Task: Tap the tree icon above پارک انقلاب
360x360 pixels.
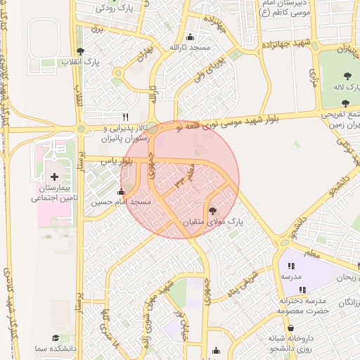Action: click(82, 51)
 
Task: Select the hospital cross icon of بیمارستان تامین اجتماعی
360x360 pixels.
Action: click(54, 176)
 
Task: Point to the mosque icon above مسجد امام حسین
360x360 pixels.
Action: click(121, 191)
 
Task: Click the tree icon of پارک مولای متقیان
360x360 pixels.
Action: click(212, 210)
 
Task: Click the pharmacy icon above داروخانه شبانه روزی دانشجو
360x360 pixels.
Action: click(290, 328)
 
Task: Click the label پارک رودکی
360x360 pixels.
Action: click(116, 8)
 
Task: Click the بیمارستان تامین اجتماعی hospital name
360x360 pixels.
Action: click(54, 193)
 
